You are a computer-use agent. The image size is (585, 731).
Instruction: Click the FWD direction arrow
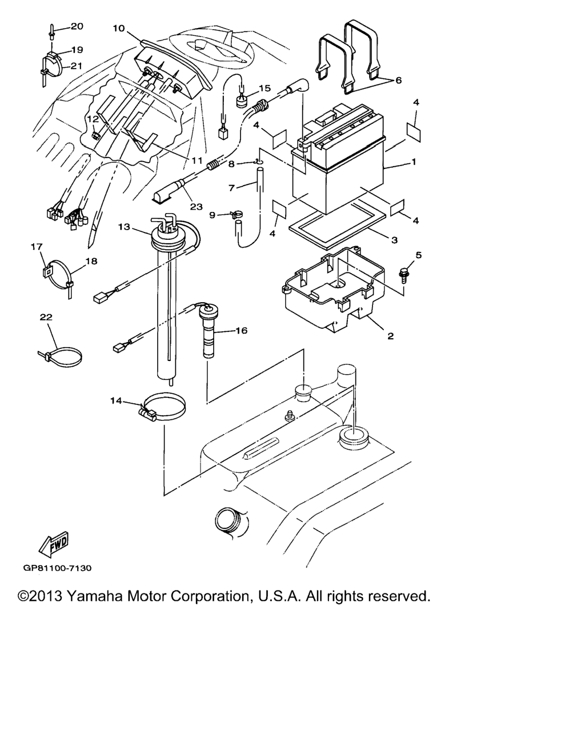(x=54, y=544)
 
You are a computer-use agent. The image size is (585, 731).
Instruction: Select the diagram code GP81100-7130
(x=57, y=568)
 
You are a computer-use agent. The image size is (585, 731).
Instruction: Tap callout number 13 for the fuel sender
(x=124, y=227)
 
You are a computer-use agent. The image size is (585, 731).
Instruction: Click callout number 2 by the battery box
(x=391, y=336)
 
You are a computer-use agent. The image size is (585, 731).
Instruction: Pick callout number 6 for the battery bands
(x=398, y=80)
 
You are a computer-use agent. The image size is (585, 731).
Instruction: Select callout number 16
(x=241, y=330)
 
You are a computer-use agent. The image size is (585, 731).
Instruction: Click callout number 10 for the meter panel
(x=119, y=28)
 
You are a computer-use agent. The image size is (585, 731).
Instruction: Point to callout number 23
(x=196, y=207)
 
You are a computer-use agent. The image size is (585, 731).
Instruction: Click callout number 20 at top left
(x=77, y=26)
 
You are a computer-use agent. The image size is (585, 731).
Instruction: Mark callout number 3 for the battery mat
(x=394, y=240)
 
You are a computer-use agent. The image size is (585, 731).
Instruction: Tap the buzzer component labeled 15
(x=241, y=101)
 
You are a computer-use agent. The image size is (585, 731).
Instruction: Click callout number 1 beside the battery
(x=414, y=162)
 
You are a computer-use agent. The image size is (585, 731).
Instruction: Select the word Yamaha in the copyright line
(x=94, y=596)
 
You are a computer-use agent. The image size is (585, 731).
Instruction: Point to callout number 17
(x=37, y=247)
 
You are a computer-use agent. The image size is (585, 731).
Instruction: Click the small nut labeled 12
(x=95, y=135)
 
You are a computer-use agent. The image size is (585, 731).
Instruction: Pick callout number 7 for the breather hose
(x=232, y=187)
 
